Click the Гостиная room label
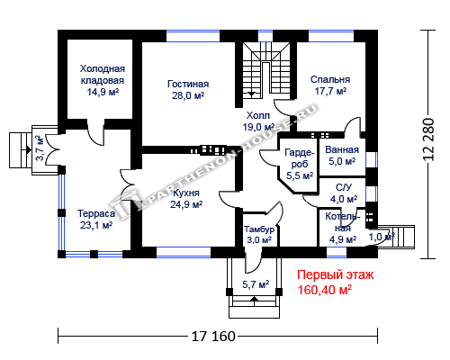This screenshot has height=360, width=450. pos(188,84)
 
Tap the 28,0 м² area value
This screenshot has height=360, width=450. pos(188,95)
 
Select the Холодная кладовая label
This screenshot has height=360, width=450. pos(103,75)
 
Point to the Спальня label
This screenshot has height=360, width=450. pos(330,79)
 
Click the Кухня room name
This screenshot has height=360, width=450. pos(186,193)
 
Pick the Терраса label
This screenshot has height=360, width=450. pos(96,213)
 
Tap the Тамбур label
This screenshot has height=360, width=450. pos(259,229)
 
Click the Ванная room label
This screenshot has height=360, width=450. pos(342,149)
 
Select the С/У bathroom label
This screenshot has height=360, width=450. pos(344,187)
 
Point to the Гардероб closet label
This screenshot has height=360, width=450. pos(300,158)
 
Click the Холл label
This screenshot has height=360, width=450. pos(258,115)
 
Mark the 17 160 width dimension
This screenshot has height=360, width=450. pos(213,337)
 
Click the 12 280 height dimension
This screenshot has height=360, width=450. pos(428,139)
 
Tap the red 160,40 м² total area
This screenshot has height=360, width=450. pos(324,290)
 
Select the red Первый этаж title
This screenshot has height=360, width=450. pos(336,274)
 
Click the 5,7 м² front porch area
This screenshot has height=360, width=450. pos(256,284)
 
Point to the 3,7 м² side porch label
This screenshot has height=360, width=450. pos(40,148)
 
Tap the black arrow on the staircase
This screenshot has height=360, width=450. pos(251,94)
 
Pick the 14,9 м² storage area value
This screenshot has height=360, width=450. pos(103,92)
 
